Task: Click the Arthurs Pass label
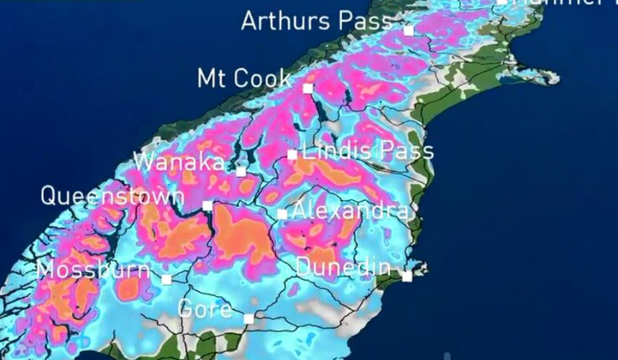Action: click(317, 21)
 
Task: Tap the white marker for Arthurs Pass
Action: click(408, 30)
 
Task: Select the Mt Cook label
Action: click(244, 78)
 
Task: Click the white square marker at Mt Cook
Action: click(307, 88)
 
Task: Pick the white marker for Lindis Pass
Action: click(292, 154)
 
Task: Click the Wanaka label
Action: click(179, 162)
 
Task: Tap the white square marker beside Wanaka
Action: click(241, 170)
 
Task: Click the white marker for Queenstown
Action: click(207, 206)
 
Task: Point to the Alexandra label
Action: click(351, 211)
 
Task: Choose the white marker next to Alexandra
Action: click(282, 214)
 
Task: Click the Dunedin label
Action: click(343, 267)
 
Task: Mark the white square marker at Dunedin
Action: click(407, 276)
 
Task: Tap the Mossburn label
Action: click(94, 270)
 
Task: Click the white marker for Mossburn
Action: click(167, 279)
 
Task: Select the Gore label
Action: click(204, 309)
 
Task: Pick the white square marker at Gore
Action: click(249, 318)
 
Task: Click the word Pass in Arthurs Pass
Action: click(365, 21)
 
